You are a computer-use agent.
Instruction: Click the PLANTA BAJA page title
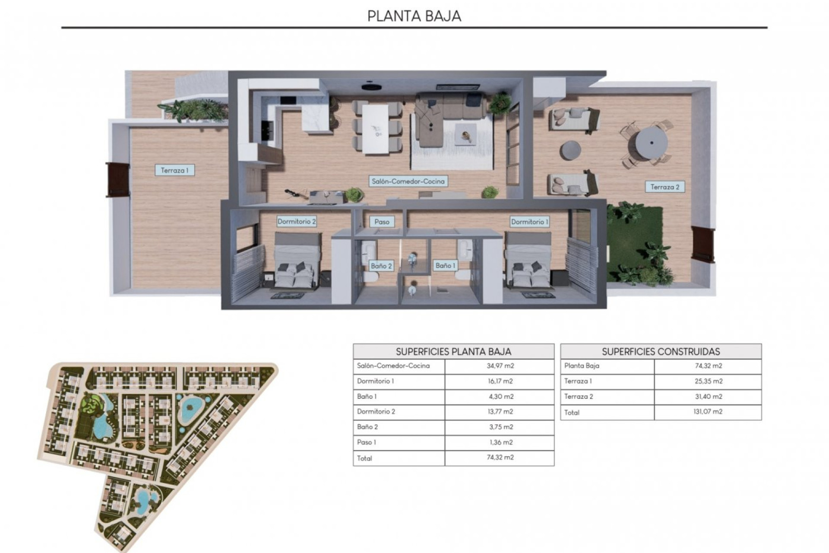coord(414,16)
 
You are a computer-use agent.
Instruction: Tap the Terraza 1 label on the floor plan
coord(174,170)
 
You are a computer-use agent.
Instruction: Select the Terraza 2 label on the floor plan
coord(665,187)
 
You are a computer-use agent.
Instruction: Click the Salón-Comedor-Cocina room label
coord(408,181)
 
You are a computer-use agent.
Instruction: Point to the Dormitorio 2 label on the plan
coord(297,222)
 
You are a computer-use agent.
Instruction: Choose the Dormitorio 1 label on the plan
coord(530,222)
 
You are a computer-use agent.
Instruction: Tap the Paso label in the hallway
coord(382,222)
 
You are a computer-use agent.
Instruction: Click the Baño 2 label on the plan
coord(381,266)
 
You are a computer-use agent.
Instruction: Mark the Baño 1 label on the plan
coord(446,265)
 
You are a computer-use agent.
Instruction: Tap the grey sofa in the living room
coord(449,108)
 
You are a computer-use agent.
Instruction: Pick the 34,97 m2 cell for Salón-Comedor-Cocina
coord(500,366)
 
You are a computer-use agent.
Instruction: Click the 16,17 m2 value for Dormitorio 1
coord(500,381)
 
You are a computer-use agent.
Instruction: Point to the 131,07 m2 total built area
coord(708,412)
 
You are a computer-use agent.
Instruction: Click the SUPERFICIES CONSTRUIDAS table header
coord(661,352)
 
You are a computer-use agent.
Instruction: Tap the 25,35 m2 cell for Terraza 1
coord(708,381)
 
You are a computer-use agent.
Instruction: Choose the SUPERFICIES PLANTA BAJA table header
coord(453,352)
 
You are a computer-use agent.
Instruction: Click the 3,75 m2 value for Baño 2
coord(500,427)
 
